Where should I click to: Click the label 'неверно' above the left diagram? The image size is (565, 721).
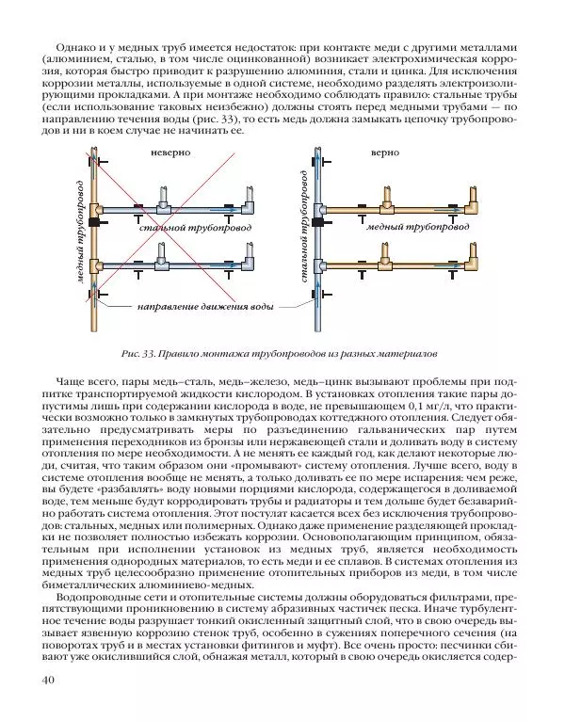tap(169, 151)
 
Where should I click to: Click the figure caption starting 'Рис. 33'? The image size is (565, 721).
tap(281, 355)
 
